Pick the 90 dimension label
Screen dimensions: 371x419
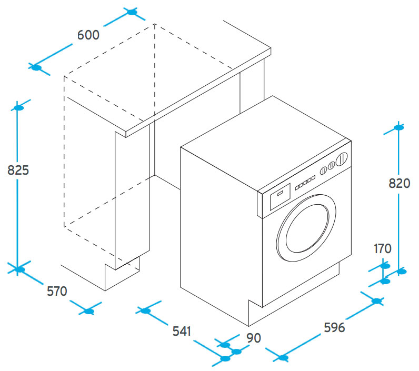(x=253, y=337)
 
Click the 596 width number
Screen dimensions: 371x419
(x=334, y=327)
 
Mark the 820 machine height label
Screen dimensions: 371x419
(x=399, y=183)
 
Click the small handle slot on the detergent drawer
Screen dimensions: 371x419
(x=280, y=193)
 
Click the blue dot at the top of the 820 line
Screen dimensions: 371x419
(x=398, y=127)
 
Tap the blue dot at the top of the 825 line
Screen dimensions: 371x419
(x=19, y=108)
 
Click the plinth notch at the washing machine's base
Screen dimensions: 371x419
(x=254, y=312)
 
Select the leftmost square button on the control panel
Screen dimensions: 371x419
(x=296, y=186)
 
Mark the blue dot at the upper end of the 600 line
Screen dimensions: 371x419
(x=131, y=12)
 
